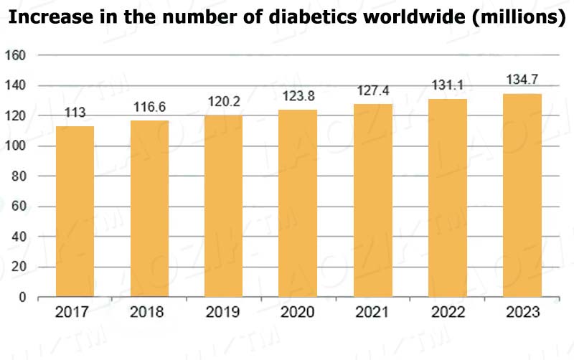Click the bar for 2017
pyautogui.click(x=75, y=212)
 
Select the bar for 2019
pyautogui.click(x=224, y=206)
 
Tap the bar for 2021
pyautogui.click(x=373, y=200)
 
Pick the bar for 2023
pyautogui.click(x=522, y=195)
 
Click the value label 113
pyautogui.click(x=75, y=113)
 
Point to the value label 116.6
pyautogui.click(x=149, y=107)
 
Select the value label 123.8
pyautogui.click(x=298, y=96)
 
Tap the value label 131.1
pyautogui.click(x=447, y=85)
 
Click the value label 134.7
pyautogui.click(x=522, y=79)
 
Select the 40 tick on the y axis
pyautogui.click(x=18, y=237)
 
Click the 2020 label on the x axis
pyautogui.click(x=298, y=313)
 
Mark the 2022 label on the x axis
pyautogui.click(x=447, y=313)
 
